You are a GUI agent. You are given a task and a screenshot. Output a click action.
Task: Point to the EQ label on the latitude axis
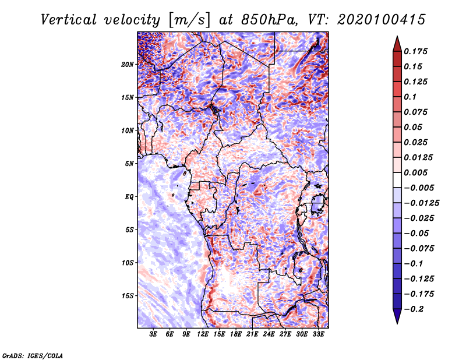(x=129, y=196)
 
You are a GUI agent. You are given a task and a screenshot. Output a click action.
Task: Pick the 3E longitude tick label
(x=154, y=335)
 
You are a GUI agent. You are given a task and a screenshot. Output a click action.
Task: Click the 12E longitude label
(x=203, y=335)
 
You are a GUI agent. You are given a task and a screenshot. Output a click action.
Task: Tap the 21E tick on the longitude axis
(x=252, y=335)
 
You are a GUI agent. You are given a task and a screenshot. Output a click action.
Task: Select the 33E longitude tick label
(x=318, y=335)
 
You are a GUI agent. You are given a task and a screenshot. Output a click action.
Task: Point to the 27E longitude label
(x=285, y=335)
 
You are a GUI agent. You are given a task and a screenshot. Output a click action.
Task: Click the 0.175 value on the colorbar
(x=416, y=51)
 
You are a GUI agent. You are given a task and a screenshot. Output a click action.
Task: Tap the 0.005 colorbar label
(x=416, y=173)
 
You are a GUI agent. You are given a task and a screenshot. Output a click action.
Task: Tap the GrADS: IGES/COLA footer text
(x=33, y=355)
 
